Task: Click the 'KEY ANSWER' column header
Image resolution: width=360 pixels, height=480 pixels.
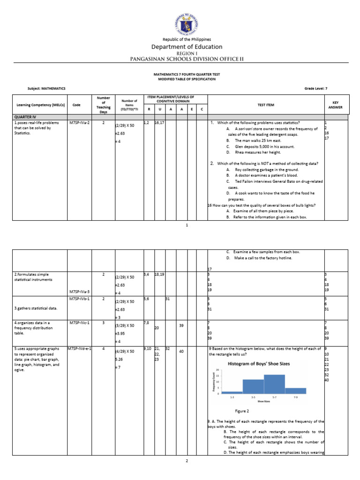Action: click(x=335, y=105)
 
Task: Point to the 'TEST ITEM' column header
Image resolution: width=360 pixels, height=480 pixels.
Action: click(x=265, y=105)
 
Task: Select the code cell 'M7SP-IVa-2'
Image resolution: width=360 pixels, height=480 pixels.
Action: click(x=79, y=122)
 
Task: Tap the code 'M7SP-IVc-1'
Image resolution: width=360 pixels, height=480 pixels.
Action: click(x=79, y=322)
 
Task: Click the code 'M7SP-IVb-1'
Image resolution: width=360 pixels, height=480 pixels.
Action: click(x=79, y=298)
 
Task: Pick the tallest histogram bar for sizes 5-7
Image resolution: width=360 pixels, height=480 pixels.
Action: click(x=274, y=384)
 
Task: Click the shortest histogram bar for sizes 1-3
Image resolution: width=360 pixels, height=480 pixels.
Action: click(x=232, y=392)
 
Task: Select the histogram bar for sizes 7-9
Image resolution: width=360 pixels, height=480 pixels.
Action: click(x=295, y=390)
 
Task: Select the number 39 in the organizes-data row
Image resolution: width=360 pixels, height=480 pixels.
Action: click(x=181, y=325)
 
